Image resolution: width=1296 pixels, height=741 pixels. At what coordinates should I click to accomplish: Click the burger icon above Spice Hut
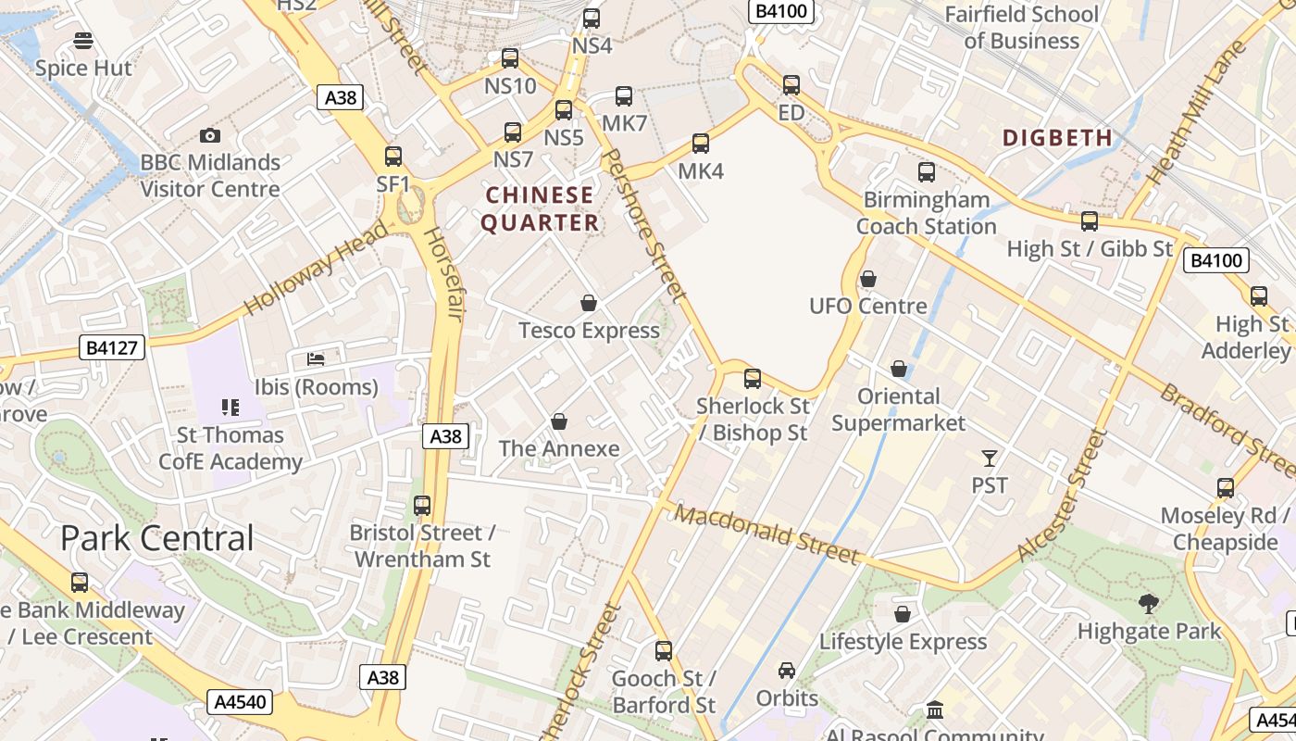click(x=83, y=41)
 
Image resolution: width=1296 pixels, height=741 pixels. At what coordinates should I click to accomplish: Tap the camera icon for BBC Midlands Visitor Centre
click(x=210, y=136)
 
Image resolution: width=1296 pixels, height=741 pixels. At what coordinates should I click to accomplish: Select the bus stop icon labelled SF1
click(x=393, y=157)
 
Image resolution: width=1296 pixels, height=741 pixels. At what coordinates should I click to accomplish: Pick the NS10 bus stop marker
click(x=510, y=59)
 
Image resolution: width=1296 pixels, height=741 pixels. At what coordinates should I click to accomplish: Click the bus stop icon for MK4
click(x=701, y=144)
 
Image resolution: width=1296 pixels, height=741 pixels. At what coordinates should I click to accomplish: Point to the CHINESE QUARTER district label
click(x=540, y=209)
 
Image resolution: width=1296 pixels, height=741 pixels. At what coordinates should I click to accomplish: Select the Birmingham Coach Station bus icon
click(x=926, y=172)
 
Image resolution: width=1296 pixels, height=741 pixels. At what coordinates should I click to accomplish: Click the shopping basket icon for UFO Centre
click(x=868, y=279)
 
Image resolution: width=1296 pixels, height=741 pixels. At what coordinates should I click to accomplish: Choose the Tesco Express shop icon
click(x=588, y=303)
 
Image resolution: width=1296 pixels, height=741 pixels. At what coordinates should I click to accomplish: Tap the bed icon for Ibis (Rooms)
click(x=317, y=358)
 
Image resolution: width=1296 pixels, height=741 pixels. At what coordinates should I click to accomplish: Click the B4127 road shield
click(x=112, y=348)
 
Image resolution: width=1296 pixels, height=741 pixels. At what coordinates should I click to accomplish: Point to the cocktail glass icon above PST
click(x=990, y=458)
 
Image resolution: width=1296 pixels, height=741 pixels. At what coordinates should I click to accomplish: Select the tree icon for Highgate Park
click(x=1149, y=604)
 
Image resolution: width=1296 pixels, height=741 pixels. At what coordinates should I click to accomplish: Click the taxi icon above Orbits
click(x=787, y=671)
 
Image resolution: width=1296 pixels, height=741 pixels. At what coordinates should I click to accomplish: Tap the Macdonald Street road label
click(x=766, y=534)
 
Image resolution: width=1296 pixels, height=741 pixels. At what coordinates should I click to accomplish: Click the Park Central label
click(x=157, y=538)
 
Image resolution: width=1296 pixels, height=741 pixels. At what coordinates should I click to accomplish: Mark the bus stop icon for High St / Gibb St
click(x=1090, y=221)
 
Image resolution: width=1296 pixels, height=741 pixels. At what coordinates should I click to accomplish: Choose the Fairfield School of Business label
click(x=1021, y=28)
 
